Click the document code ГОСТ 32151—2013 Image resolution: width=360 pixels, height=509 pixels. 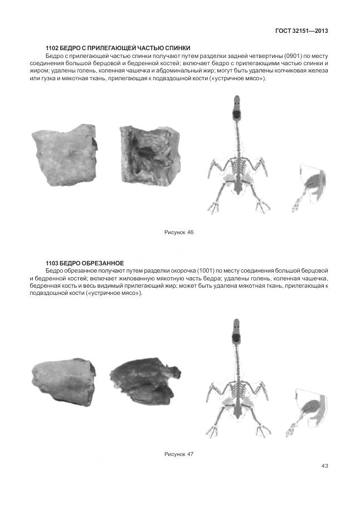301,30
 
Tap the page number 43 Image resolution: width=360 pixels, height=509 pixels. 325,466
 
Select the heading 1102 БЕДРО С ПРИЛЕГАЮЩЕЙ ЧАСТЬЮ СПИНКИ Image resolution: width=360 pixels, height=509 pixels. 121,49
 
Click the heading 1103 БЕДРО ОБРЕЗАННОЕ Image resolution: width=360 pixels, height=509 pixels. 84,263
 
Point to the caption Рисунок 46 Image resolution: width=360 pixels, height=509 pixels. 178,232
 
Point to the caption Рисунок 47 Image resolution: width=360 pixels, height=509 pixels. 178,454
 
